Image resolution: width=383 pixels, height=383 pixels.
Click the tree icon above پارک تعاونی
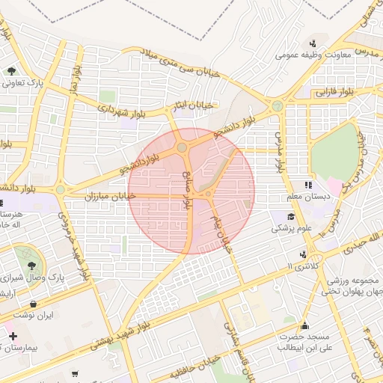[12, 71]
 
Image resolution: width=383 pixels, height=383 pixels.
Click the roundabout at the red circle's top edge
[183, 147]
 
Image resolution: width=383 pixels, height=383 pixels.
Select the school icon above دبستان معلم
[307, 184]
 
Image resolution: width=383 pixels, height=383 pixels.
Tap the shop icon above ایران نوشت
[34, 304]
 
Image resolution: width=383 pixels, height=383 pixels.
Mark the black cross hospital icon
[13, 337]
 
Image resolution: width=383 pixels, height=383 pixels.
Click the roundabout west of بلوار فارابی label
[278, 106]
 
